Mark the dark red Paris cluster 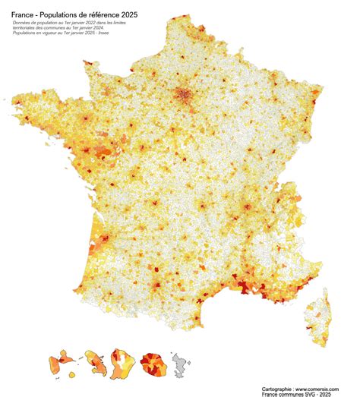(183, 96)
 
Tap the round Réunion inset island (155, 363)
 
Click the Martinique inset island (95, 362)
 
